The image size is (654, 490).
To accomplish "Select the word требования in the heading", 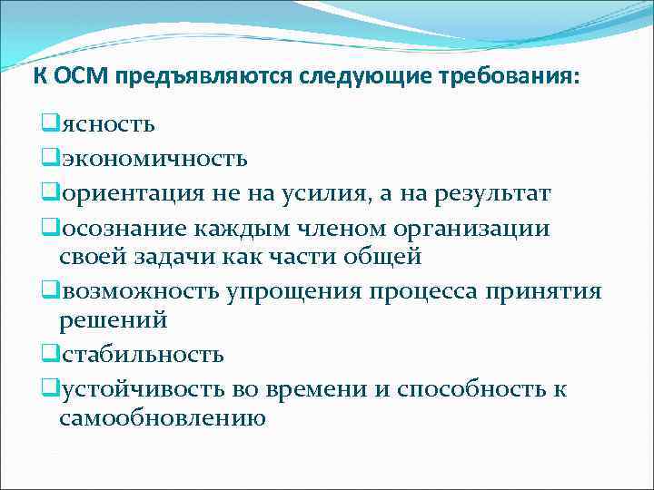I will coord(511,75).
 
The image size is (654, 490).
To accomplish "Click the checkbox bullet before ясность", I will coord(49,122).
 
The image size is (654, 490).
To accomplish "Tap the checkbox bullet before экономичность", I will coord(49,158).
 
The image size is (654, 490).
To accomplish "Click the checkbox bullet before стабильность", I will coord(49,353).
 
